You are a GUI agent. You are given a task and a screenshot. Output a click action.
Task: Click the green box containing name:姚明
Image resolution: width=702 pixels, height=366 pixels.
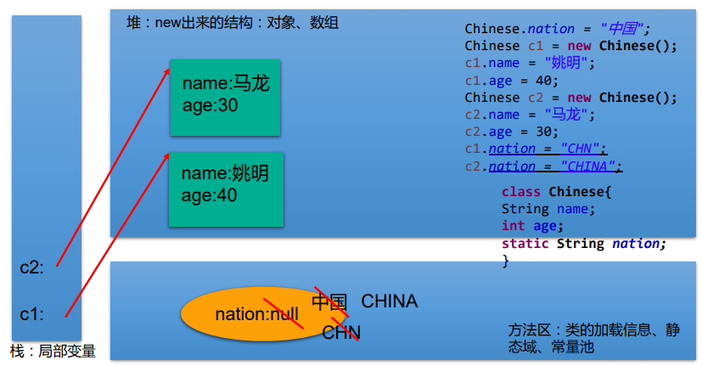(226, 189)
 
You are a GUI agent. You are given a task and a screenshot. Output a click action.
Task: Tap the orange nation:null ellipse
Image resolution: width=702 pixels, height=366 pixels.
(242, 314)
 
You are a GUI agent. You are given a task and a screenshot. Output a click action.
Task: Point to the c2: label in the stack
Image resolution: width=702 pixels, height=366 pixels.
(31, 267)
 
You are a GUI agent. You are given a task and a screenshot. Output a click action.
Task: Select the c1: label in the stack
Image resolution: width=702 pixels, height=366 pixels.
(31, 314)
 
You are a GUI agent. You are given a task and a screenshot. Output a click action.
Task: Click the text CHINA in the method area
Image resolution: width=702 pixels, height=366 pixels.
(390, 301)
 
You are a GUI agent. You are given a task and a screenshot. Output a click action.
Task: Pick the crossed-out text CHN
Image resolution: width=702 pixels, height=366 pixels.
(341, 332)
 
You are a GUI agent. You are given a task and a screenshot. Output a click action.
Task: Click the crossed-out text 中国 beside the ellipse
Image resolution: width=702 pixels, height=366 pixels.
(329, 302)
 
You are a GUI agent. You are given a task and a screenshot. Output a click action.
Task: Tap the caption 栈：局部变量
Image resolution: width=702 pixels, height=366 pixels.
(53, 351)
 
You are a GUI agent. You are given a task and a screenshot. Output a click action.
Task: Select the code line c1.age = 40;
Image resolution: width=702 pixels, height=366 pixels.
(511, 81)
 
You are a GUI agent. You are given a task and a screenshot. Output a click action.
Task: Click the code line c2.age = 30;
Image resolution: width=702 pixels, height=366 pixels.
(511, 132)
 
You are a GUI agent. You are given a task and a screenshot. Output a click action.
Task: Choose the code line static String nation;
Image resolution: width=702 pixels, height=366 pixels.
(584, 244)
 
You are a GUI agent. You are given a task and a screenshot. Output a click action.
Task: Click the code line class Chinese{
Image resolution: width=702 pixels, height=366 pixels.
(556, 192)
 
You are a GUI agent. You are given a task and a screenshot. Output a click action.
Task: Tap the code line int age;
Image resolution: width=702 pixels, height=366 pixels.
(532, 226)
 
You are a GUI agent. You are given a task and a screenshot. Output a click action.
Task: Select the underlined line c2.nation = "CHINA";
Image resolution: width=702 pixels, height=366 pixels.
(543, 166)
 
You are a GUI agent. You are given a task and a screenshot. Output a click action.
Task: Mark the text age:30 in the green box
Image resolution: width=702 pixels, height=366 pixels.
(210, 105)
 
